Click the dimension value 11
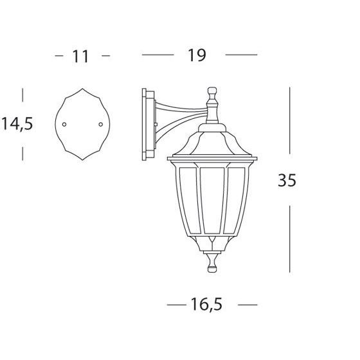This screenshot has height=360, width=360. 80,57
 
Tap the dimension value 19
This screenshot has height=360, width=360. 197,55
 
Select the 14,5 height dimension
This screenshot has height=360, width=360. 17,124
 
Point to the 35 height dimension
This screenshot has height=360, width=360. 287,180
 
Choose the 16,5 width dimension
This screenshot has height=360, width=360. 206,305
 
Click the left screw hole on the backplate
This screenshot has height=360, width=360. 64,125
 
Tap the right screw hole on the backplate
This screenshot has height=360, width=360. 100,125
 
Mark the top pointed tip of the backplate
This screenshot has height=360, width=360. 82,89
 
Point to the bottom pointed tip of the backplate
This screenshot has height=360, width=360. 82,159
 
